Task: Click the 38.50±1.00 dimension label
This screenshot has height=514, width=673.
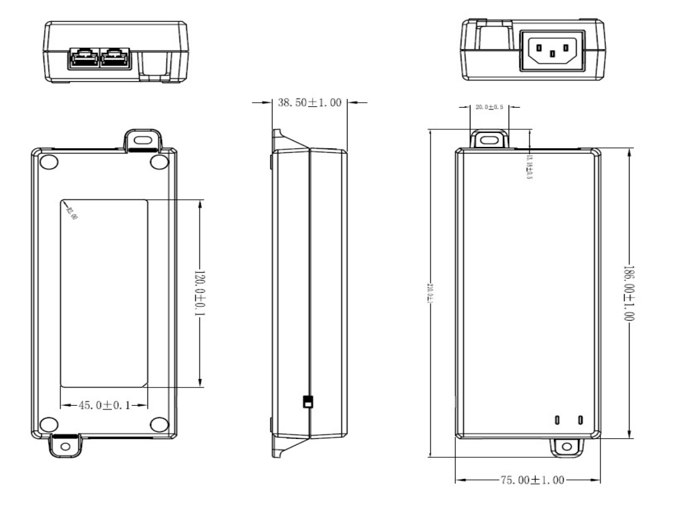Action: [310, 103]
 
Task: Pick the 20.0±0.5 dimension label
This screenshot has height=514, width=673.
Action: [490, 107]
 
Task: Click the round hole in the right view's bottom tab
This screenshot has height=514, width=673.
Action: [567, 446]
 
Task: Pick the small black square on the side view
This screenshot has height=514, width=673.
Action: [307, 402]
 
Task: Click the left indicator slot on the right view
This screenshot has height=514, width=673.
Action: [558, 420]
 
